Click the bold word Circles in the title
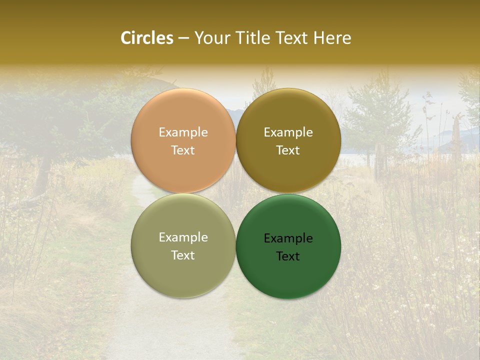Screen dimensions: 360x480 click(x=147, y=38)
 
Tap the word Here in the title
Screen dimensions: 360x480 click(x=332, y=38)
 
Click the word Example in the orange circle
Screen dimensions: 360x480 click(x=183, y=132)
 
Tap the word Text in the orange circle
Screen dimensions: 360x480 click(x=183, y=150)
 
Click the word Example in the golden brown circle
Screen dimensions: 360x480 click(x=288, y=132)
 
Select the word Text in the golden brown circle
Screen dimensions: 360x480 click(x=288, y=150)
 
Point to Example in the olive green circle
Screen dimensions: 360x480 click(x=183, y=237)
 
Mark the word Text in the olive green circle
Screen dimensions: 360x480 click(x=183, y=255)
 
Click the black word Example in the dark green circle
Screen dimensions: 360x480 click(x=288, y=238)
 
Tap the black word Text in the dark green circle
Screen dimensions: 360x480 click(x=288, y=256)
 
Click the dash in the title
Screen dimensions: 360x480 click(x=183, y=38)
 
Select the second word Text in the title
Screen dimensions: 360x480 click(x=292, y=38)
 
